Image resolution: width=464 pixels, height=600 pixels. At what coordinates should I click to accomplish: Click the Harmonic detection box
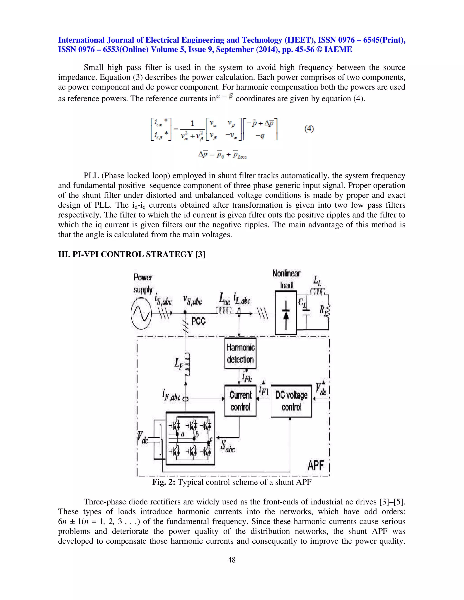point(240,353)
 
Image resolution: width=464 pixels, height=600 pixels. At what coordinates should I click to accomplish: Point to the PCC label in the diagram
point(198,321)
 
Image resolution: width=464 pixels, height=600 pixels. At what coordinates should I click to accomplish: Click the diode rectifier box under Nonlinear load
point(286,313)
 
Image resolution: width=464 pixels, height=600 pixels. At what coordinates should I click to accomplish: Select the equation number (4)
point(309,129)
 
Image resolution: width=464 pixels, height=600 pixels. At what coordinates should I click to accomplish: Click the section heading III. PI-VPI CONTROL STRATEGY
point(131,254)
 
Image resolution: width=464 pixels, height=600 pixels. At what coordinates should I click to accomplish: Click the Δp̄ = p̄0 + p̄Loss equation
point(223,155)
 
